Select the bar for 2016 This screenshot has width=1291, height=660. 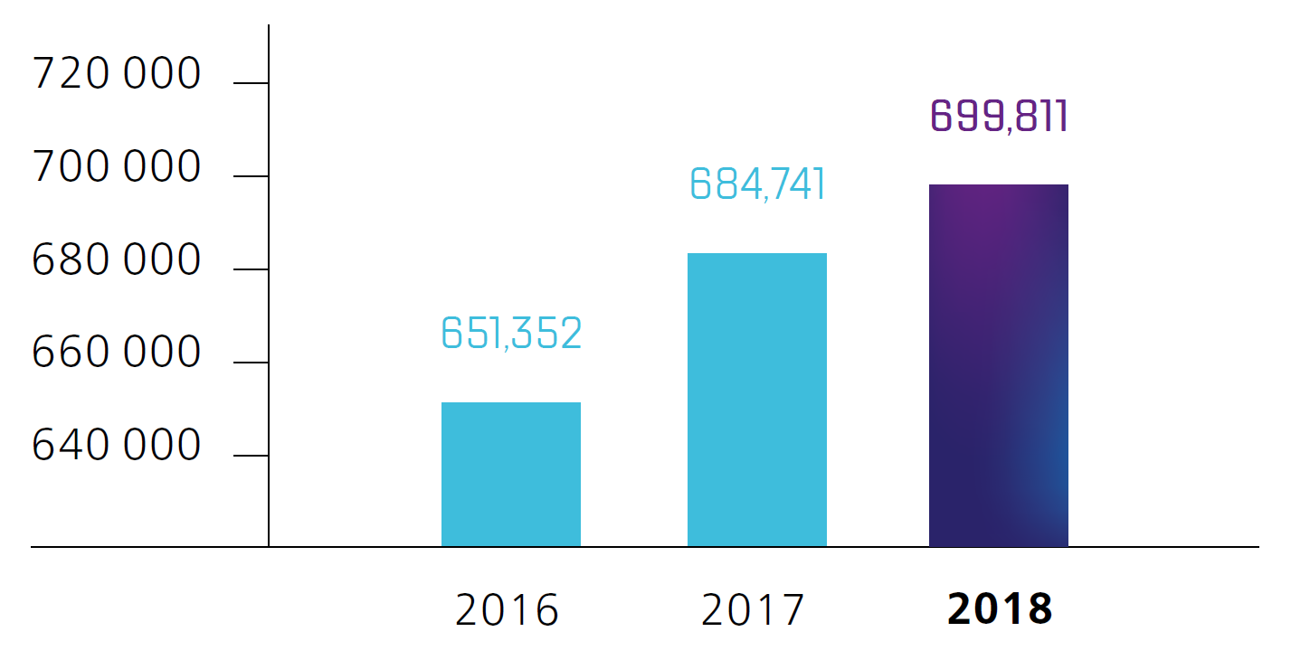pos(511,474)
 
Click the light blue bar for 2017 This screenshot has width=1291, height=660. pos(757,400)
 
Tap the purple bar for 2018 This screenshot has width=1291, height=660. pos(999,365)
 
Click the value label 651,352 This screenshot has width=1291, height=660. pos(511,333)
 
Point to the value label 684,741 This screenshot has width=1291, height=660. pos(757,184)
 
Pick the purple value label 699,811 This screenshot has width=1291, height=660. pos(1000,117)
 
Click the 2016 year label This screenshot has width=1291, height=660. pos(508,610)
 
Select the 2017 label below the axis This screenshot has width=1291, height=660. pos(753,610)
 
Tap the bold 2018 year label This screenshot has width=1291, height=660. pos(1000,610)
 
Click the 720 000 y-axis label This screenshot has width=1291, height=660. pos(116,74)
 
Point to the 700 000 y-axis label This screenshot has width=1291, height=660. pos(116,167)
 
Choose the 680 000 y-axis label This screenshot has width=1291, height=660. pos(116,260)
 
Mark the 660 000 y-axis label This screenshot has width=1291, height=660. pos(116,353)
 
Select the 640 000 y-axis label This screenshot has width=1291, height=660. pos(116,446)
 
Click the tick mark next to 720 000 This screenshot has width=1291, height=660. pos(251,83)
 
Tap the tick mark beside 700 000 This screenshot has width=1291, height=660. pos(251,176)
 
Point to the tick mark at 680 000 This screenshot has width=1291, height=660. pos(251,269)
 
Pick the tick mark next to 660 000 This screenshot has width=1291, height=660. pos(251,363)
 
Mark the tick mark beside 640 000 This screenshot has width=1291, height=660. pos(251,455)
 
